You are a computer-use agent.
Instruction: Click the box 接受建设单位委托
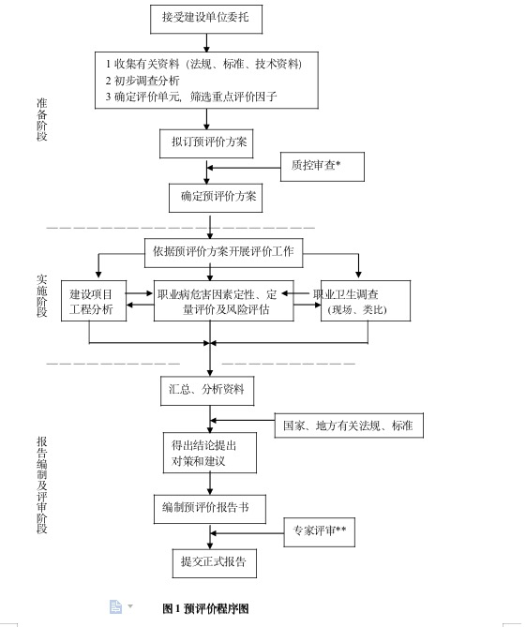pyautogui.click(x=205, y=18)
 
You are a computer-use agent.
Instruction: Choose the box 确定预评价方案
pyautogui.click(x=213, y=197)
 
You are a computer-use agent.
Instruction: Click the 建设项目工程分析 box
pyautogui.click(x=93, y=302)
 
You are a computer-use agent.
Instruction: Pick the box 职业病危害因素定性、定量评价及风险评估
pyautogui.click(x=223, y=302)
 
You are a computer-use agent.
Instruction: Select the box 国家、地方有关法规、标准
pyautogui.click(x=348, y=425)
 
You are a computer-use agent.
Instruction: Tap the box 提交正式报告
pyautogui.click(x=214, y=562)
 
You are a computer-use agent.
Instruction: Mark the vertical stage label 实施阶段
pyautogui.click(x=41, y=295)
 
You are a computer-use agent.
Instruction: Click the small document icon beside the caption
pyautogui.click(x=115, y=606)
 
